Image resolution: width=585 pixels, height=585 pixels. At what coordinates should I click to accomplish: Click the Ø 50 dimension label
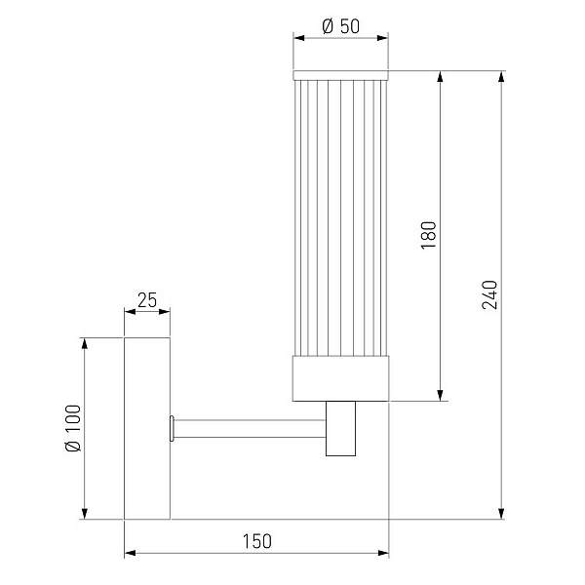click(x=340, y=26)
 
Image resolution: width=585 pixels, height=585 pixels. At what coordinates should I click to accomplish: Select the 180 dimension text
click(x=428, y=235)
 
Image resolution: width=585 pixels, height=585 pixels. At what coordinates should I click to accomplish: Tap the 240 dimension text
click(x=489, y=294)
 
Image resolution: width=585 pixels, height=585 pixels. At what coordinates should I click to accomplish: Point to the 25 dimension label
click(x=147, y=300)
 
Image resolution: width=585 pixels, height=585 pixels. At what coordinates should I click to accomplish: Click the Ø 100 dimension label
click(x=73, y=428)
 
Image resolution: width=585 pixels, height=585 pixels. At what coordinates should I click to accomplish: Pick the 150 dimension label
click(x=257, y=541)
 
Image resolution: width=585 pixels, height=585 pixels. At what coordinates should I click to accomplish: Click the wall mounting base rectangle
click(x=147, y=428)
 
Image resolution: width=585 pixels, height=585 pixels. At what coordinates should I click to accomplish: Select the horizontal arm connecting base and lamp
click(x=250, y=429)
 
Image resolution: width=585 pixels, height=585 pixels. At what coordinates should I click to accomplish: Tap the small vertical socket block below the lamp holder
click(x=340, y=429)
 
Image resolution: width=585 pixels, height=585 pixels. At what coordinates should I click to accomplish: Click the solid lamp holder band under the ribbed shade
click(x=340, y=378)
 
